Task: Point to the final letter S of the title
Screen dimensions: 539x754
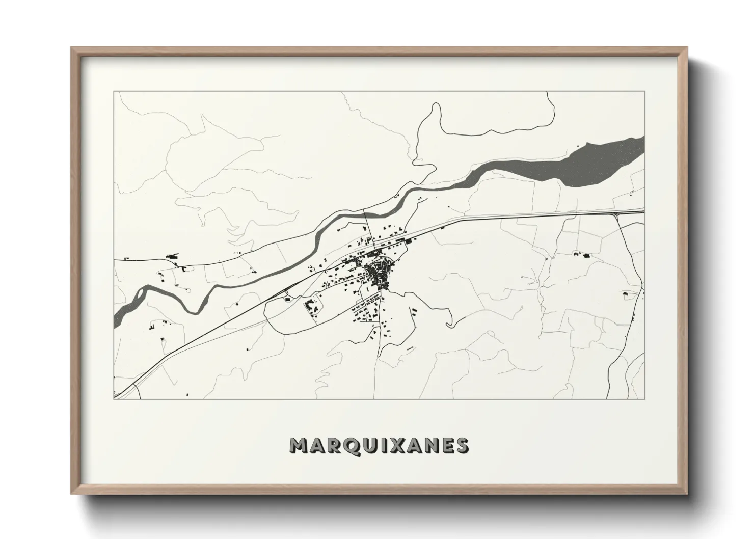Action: click(462, 446)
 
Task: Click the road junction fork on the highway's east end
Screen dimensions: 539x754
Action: click(617, 214)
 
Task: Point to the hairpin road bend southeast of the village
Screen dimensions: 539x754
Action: click(448, 324)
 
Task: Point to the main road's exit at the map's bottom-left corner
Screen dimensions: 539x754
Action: click(117, 394)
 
